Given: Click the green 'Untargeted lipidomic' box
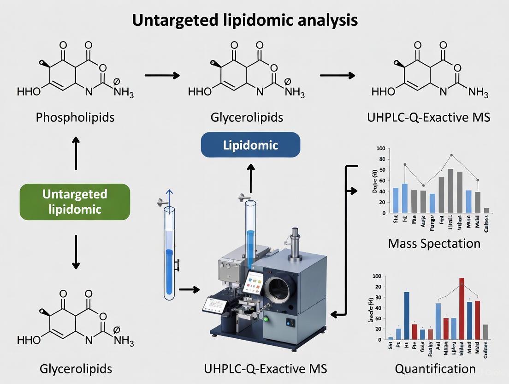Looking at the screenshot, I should [x=75, y=201].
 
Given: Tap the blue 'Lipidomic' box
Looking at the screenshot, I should [x=250, y=145].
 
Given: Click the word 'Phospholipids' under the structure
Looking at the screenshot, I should [x=75, y=117].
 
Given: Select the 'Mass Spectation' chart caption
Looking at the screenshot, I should [x=434, y=243].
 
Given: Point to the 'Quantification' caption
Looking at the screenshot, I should [x=435, y=368].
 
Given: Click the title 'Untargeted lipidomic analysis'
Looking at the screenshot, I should [x=244, y=20].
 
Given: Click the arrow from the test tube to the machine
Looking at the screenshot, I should [x=189, y=289].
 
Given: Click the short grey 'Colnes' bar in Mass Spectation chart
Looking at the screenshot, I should [x=487, y=210].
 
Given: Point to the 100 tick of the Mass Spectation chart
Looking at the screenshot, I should [x=380, y=149].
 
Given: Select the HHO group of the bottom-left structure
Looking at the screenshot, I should [x=29, y=341].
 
